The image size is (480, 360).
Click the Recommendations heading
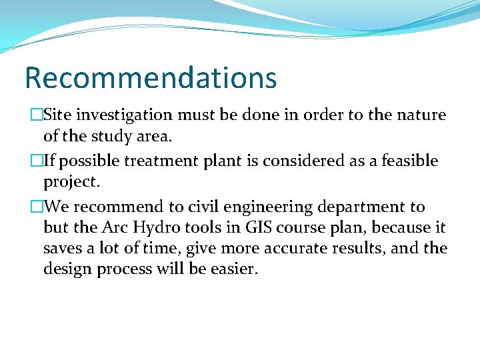(x=151, y=77)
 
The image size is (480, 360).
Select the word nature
(x=421, y=115)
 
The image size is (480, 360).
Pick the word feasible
(x=410, y=161)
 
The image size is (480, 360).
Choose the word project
(x=69, y=183)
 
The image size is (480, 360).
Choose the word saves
(x=61, y=248)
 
